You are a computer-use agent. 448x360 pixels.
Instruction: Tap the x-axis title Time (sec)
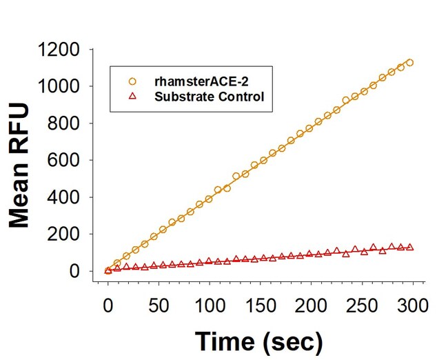(x=258, y=340)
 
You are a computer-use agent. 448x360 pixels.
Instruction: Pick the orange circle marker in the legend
(x=134, y=81)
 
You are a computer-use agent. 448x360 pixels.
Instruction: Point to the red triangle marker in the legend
(x=134, y=97)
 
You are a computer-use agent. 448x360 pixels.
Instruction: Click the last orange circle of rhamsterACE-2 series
(x=409, y=63)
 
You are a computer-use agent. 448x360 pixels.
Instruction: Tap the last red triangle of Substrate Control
(x=409, y=246)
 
